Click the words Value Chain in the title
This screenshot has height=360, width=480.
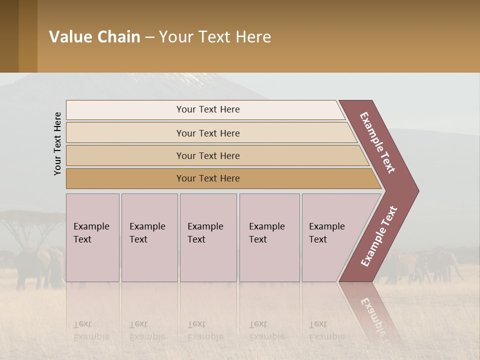[x=94, y=37]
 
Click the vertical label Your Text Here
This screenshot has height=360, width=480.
[x=57, y=143]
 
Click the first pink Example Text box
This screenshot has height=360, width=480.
[x=92, y=237]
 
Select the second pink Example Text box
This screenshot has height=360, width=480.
[x=149, y=237]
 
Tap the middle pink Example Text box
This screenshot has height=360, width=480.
[x=208, y=237]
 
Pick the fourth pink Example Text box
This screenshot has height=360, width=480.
[x=269, y=237]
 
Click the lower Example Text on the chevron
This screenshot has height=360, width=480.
[x=379, y=236]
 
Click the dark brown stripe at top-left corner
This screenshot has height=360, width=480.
[x=9, y=36]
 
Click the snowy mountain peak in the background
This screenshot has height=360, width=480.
[x=195, y=77]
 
